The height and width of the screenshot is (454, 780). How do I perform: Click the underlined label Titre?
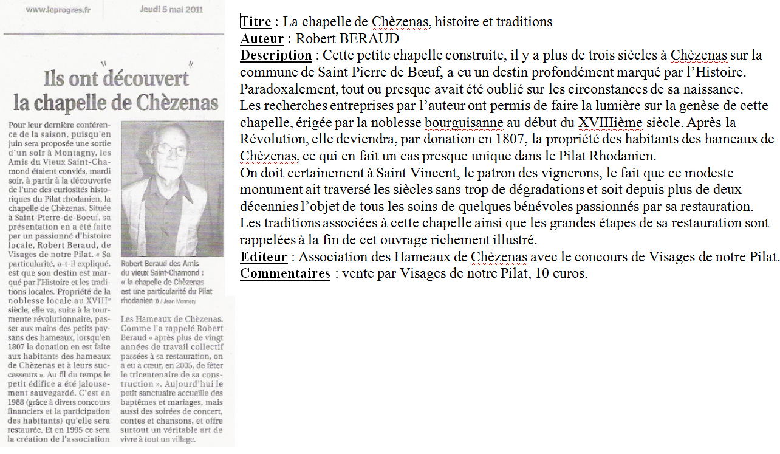[x=256, y=22]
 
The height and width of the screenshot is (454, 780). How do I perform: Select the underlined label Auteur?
[x=262, y=39]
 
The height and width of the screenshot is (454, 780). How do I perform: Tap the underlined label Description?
[x=276, y=55]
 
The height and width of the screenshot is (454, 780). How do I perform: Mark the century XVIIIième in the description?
[x=609, y=123]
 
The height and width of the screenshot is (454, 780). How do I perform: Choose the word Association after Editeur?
[x=334, y=257]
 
